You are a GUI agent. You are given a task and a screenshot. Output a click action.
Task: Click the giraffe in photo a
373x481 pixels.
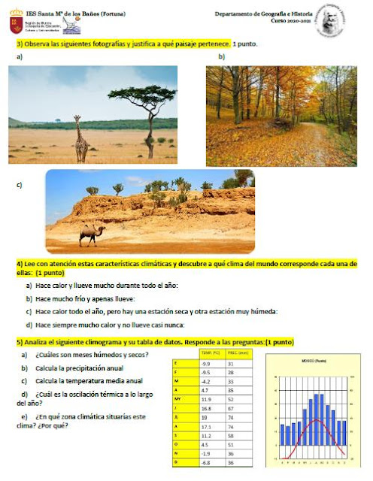pos(80,138)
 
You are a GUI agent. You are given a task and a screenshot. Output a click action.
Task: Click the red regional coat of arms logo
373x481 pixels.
pos(15,23)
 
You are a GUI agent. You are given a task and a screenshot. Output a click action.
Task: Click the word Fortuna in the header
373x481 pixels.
pos(108,14)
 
